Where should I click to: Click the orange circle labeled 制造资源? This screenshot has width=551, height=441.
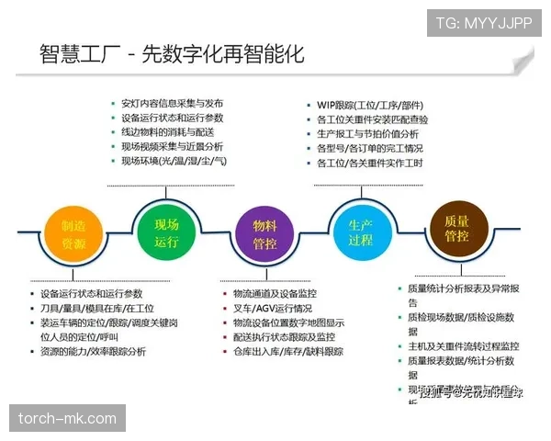73,233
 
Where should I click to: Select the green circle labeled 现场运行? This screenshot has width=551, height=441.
166,231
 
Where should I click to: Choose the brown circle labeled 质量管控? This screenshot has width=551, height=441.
456,229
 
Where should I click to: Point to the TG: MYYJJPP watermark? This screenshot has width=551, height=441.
484,23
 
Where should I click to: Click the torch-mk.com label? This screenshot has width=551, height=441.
68,419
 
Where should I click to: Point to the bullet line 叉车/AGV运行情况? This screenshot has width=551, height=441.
273,308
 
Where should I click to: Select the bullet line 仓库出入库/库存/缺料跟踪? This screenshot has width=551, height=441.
288,351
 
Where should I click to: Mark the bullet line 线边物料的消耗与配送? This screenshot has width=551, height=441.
172,132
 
